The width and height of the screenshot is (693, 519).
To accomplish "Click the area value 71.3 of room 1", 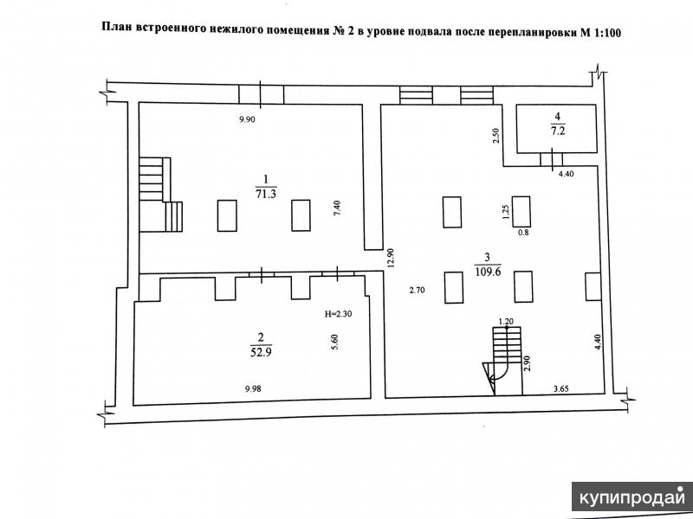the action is (266, 194).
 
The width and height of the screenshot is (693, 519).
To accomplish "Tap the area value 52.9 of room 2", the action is (261, 352).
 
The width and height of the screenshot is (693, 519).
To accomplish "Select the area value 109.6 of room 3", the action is (488, 272).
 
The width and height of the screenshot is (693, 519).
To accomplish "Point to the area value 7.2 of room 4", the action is (558, 131).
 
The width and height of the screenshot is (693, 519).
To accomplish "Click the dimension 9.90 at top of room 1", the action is (247, 119).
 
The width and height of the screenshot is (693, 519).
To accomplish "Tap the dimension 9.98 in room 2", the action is (253, 388).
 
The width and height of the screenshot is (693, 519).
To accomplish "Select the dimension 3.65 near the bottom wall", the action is (560, 388).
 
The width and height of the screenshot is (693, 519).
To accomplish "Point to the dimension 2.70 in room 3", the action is (417, 291).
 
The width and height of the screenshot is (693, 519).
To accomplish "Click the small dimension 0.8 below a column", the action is (523, 233).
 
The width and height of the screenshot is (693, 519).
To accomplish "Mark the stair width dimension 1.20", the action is (505, 322).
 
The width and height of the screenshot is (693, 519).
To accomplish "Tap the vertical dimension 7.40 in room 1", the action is (337, 208).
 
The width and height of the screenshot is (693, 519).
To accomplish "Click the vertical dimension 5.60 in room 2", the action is (334, 342).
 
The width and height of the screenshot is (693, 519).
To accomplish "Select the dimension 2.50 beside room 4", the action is (495, 136).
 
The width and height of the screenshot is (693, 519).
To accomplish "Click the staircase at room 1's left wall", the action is (161, 195).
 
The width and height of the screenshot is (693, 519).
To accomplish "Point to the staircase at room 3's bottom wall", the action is (504, 361).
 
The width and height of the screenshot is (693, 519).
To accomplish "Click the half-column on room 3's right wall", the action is (593, 287).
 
